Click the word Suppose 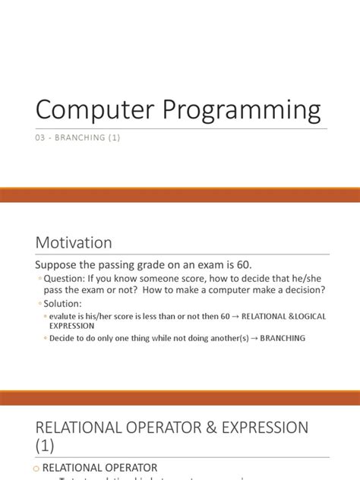click(62, 265)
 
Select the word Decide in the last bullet click(62, 338)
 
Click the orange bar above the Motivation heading click(180, 196)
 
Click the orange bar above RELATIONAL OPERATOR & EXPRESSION click(180, 398)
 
